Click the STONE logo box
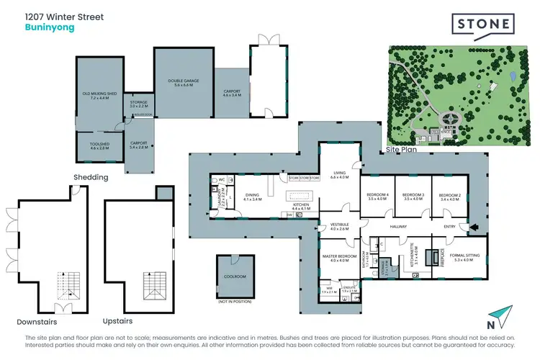click(483, 25)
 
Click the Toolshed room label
click(99, 145)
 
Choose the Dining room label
click(252, 196)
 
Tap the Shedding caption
click(91, 177)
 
